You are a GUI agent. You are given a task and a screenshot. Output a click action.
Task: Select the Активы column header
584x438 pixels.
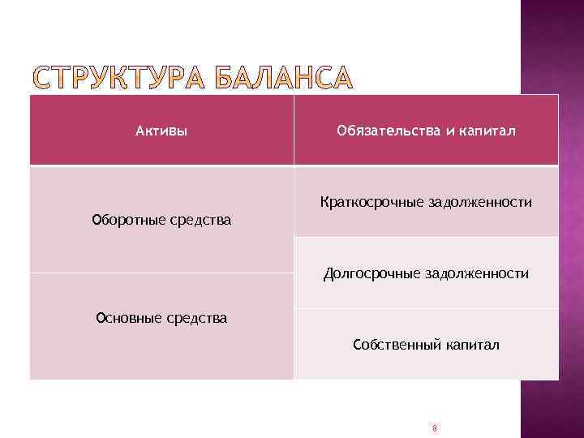pyautogui.click(x=161, y=131)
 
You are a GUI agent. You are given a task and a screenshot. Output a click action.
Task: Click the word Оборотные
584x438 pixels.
pyautogui.click(x=130, y=220)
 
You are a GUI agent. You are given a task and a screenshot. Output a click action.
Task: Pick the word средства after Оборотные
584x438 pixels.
pyautogui.click(x=200, y=220)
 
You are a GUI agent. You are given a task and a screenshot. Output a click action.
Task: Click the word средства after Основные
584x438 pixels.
pyautogui.click(x=196, y=318)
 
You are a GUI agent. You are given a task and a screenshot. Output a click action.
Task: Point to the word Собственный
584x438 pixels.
pyautogui.click(x=396, y=345)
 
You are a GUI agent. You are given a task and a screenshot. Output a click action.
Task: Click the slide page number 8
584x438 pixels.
pyautogui.click(x=435, y=427)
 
